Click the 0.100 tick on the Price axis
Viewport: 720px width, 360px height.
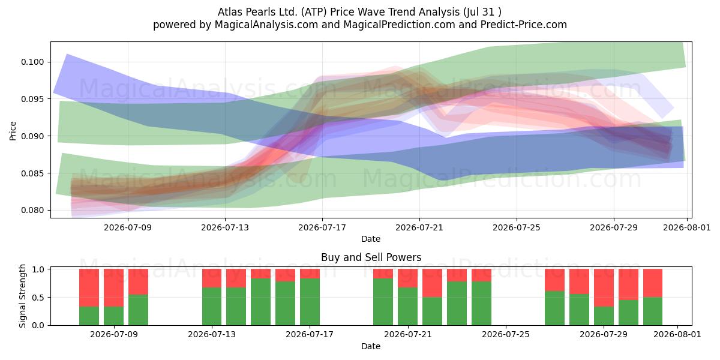pyautogui.click(x=32, y=62)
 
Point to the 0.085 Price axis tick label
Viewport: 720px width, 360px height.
pyautogui.click(x=32, y=173)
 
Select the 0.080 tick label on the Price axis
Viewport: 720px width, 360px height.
pyautogui.click(x=32, y=210)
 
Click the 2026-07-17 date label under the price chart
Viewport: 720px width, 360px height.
pyautogui.click(x=322, y=227)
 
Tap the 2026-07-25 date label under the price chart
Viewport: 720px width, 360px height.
pyautogui.click(x=517, y=227)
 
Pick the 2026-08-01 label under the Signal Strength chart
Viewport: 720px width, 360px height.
pyautogui.click(x=677, y=334)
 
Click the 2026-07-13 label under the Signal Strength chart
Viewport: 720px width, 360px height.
pyautogui.click(x=212, y=334)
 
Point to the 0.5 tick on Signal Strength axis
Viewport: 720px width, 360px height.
pyautogui.click(x=38, y=298)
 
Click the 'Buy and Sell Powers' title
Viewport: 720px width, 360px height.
pyautogui.click(x=371, y=257)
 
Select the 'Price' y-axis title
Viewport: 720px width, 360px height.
pyautogui.click(x=13, y=131)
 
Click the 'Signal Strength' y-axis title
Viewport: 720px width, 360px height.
pyautogui.click(x=22, y=296)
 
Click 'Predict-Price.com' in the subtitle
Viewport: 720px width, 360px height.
pyautogui.click(x=524, y=25)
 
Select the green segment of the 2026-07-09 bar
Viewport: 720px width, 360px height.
pyautogui.click(x=113, y=316)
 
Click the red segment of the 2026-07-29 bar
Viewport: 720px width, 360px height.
pyautogui.click(x=604, y=287)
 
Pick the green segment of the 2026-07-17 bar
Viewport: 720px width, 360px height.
pyautogui.click(x=310, y=302)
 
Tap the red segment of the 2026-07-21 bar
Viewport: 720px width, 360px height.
pyautogui.click(x=407, y=278)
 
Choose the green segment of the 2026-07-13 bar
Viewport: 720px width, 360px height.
pyautogui.click(x=212, y=307)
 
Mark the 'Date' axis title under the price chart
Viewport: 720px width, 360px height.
pyautogui.click(x=371, y=239)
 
